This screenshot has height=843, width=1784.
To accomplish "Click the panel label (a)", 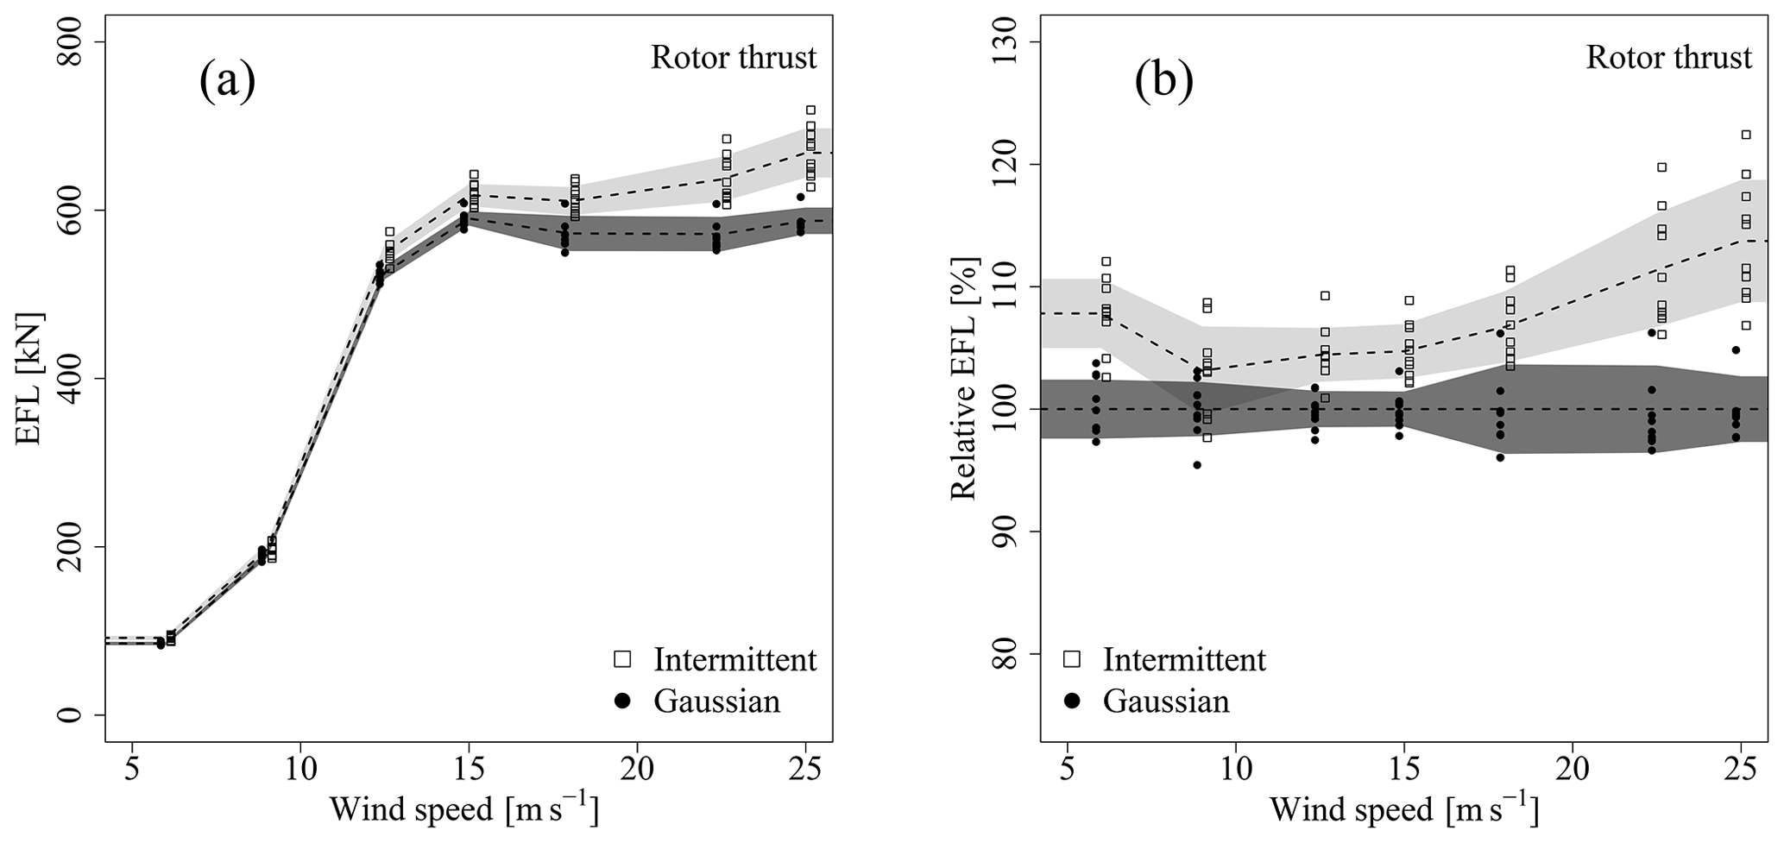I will pos(227,82).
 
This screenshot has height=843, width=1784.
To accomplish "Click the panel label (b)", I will pos(1163,82).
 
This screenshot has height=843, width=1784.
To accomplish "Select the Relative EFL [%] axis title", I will pos(964,380).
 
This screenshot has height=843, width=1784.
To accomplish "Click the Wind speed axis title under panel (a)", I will pos(463,810).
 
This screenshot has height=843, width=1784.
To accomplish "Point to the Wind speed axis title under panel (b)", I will pos(1403,810).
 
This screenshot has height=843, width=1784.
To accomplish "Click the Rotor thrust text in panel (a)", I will pos(733,58).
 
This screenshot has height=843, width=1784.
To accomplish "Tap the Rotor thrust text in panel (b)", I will pos(1669,58).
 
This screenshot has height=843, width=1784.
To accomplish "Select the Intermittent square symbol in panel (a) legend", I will pos(621,659).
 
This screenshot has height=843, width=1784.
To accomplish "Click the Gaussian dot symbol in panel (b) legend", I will pos(1072,701).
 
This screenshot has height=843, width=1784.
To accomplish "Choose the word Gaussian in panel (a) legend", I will pos(716,701).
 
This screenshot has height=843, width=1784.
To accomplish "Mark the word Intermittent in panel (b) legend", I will pos(1184,659).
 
